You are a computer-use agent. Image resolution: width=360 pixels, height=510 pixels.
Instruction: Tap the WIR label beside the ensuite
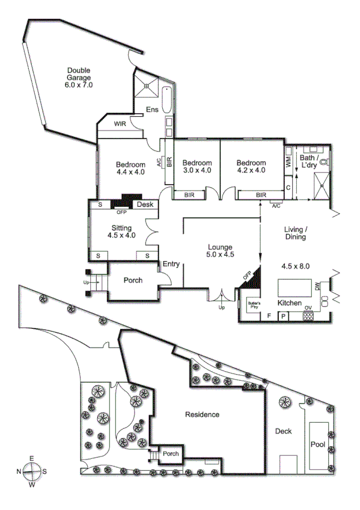120,123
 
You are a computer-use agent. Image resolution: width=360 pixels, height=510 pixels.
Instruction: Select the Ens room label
152,109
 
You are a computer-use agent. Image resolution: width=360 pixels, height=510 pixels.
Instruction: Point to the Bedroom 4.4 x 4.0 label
130,168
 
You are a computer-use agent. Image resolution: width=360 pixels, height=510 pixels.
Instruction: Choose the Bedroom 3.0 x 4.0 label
197,166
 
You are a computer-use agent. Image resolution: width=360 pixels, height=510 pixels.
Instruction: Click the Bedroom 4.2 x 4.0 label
251,166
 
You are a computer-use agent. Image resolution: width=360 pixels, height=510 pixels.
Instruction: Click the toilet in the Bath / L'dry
324,162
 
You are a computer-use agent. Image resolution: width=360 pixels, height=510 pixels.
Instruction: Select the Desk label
145,205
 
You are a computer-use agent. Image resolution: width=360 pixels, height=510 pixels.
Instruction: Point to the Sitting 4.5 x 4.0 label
121,232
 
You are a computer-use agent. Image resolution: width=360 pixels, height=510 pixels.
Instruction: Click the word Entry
171,264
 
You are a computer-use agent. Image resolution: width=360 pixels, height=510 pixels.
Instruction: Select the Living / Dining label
296,233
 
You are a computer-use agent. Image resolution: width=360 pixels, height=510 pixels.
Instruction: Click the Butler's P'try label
253,305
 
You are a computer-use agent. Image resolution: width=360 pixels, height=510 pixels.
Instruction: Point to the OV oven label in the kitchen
308,309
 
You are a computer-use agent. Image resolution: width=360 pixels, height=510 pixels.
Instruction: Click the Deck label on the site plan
283,431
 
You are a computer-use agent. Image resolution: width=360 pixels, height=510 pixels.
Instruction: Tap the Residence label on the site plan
202,414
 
